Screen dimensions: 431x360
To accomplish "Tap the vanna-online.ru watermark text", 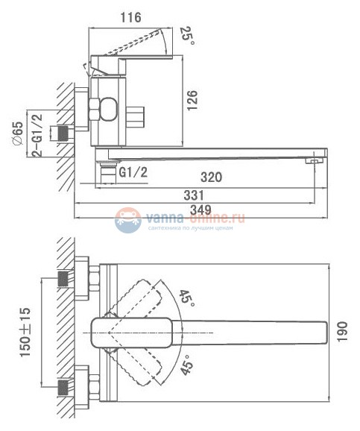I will pos(196,218).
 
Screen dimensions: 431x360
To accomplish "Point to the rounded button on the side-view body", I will pos(106,110).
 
